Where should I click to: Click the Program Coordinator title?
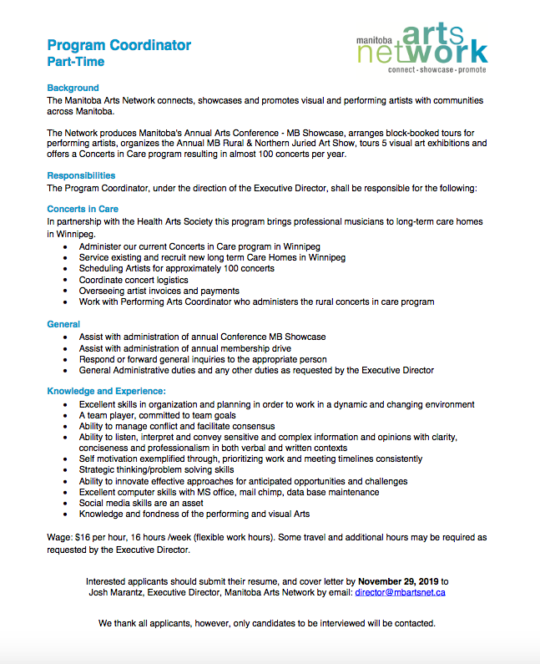tap(119, 45)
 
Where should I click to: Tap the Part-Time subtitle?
tap(76, 62)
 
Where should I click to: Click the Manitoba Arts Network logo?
tap(421, 47)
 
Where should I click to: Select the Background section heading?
tap(73, 88)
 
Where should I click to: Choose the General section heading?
tap(63, 324)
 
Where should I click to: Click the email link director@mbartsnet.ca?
tap(400, 592)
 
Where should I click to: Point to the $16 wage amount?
tap(83, 539)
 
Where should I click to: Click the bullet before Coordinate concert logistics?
tap(66, 280)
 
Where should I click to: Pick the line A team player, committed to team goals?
tap(158, 415)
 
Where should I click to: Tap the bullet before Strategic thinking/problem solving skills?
tap(66, 470)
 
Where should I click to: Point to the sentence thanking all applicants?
tap(266, 624)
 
